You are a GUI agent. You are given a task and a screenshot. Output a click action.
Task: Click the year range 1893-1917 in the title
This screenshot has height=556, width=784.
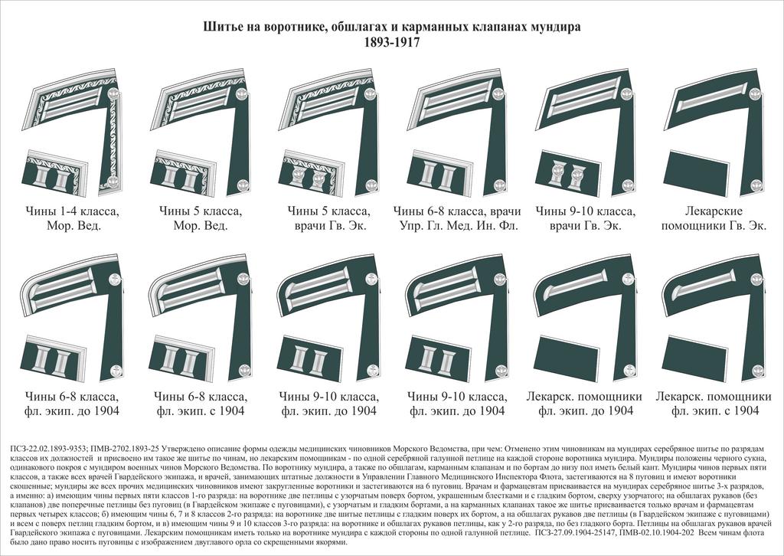click(x=391, y=44)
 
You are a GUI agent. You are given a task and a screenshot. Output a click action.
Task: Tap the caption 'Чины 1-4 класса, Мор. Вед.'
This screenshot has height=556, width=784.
click(x=73, y=217)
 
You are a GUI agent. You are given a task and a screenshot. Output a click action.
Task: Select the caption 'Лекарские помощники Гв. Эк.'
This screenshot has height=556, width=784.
click(x=713, y=217)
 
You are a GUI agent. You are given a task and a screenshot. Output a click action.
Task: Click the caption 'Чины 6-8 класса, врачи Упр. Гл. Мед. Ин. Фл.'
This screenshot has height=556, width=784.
click(x=457, y=217)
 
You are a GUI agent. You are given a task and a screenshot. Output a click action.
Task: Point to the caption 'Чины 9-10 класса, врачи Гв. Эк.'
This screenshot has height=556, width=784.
click(x=585, y=217)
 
